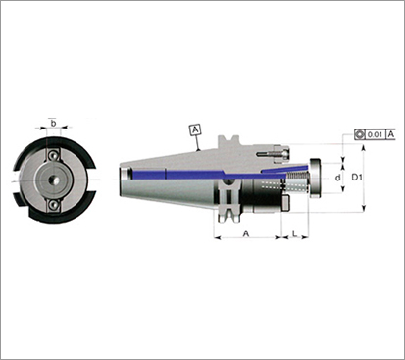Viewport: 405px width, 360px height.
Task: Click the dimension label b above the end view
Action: point(53,124)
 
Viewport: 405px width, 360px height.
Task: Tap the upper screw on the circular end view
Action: point(53,156)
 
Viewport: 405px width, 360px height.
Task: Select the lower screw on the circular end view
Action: point(53,205)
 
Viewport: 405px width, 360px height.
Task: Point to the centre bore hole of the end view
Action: point(53,180)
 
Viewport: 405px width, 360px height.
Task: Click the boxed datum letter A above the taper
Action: point(195,129)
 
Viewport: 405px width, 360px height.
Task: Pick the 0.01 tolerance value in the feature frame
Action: point(375,134)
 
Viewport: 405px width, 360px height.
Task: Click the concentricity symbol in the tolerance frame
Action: point(360,134)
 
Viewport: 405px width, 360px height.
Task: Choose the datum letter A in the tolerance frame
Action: point(391,134)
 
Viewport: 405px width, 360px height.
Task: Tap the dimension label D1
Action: point(357,178)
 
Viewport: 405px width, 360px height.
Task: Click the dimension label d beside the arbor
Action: point(338,178)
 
